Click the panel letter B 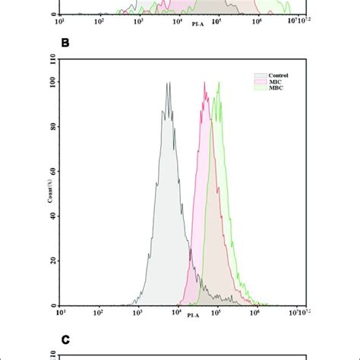(65, 43)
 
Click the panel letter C (65, 332)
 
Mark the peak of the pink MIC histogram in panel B (204, 83)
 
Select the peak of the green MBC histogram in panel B (219, 83)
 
